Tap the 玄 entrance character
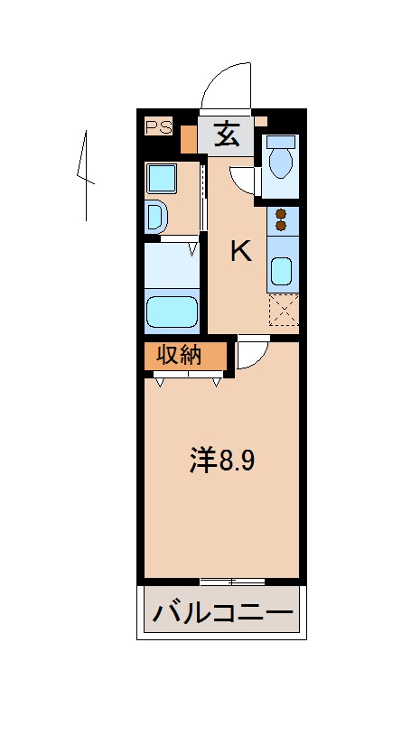[x=226, y=136]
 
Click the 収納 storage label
[x=179, y=355]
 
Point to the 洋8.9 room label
[x=222, y=461]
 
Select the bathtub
[x=172, y=312]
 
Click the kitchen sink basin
[x=282, y=270]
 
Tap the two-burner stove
[x=282, y=219]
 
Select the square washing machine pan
[x=163, y=179]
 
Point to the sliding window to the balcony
[x=232, y=580]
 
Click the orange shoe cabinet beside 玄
[x=189, y=138]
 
